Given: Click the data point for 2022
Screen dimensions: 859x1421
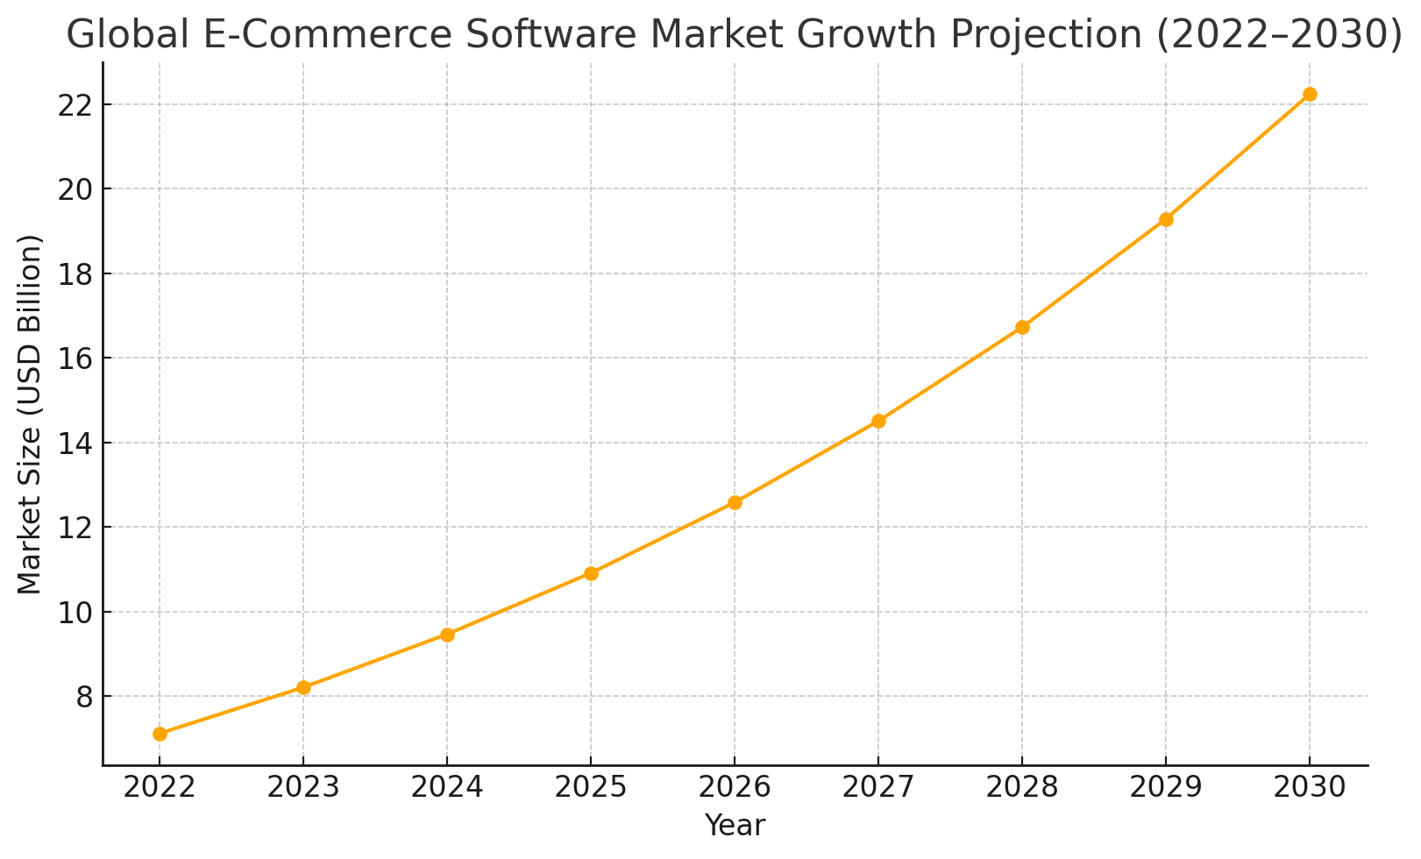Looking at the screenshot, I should [x=160, y=734].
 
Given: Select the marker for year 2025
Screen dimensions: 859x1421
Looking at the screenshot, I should [x=591, y=573].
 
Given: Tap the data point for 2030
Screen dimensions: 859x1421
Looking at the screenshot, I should [x=1310, y=94].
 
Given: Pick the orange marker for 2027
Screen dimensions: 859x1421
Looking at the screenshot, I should [x=878, y=421].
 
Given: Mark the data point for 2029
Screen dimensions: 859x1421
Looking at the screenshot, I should [x=1166, y=219].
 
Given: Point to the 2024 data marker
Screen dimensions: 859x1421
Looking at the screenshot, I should [x=447, y=635].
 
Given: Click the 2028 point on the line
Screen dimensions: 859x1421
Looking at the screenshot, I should [x=1022, y=327].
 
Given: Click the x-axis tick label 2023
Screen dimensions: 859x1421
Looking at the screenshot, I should [x=303, y=787].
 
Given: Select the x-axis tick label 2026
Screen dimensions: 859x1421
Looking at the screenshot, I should [x=735, y=787].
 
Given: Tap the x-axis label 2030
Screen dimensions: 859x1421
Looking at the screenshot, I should [x=1310, y=787].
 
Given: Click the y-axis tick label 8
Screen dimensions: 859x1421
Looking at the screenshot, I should [x=83, y=697].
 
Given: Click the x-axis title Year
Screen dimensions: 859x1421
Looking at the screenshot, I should [x=735, y=825].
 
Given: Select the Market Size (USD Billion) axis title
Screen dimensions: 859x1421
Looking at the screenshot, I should [x=30, y=414].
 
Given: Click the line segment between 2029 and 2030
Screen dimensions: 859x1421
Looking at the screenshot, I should [x=1238, y=157].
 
